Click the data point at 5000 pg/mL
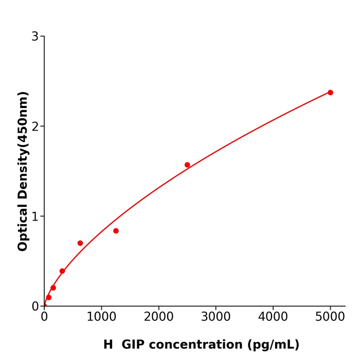pos(330,93)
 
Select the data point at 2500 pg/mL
pos(187,165)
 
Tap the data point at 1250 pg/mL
pos(116,231)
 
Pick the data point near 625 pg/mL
pos(80,243)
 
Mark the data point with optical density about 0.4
pos(62,271)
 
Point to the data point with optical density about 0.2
pos(53,288)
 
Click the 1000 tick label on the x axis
pos(101,317)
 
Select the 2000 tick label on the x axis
pos(158,317)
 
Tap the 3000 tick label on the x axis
pos(215,317)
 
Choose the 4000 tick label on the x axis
pos(273,317)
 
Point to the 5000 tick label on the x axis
pos(330,317)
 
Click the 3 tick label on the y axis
pos(35,37)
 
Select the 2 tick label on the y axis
pos(35,127)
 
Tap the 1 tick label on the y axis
pos(35,217)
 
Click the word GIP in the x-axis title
pos(137,345)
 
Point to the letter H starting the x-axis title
pos(108,345)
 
